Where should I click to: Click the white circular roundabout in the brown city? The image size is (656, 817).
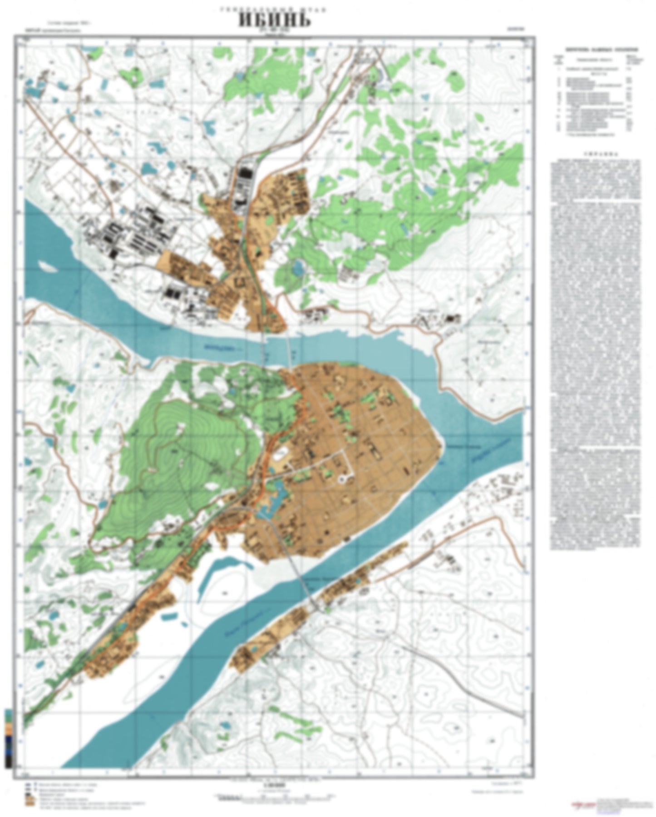pos(343,478)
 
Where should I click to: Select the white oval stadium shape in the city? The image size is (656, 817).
pos(280,452)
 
